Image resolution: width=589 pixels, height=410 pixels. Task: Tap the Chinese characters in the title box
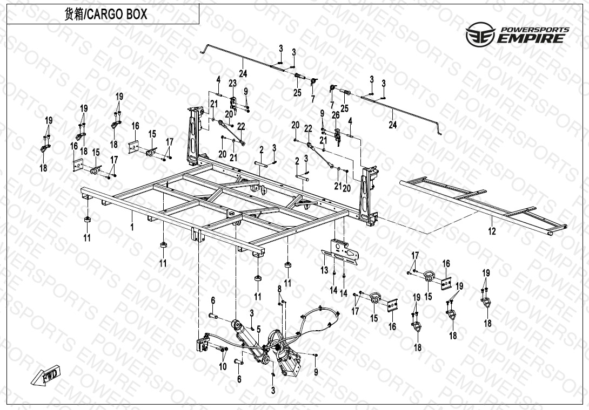(74, 14)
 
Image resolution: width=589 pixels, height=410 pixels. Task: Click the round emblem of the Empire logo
(480, 34)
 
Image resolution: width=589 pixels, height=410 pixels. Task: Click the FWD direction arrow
(45, 375)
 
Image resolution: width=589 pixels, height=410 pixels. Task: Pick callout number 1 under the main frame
(132, 227)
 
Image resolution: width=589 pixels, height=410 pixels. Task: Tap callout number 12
(492, 231)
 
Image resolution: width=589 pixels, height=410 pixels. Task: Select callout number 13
(324, 270)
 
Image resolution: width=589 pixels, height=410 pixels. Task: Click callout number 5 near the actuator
(258, 330)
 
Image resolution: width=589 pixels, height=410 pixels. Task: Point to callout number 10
(223, 366)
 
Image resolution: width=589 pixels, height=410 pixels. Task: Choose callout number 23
(232, 83)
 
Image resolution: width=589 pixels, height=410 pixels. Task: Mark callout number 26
(336, 115)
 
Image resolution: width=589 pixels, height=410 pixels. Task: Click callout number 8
(279, 289)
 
